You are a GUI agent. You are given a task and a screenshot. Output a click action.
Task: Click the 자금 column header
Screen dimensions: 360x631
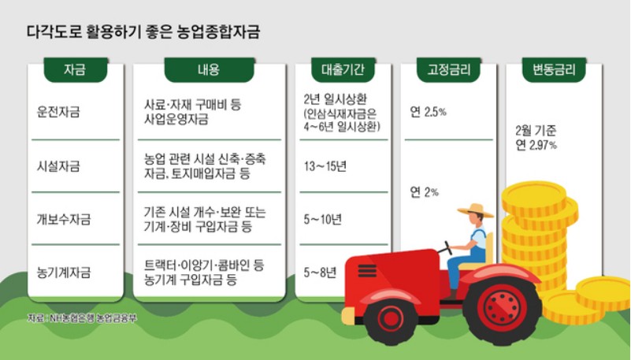74,70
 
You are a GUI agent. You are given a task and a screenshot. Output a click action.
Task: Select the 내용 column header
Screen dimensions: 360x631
208,70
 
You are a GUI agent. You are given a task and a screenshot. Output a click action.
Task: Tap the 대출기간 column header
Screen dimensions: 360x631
343,70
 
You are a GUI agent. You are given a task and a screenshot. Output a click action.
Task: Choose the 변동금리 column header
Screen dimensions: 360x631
549,70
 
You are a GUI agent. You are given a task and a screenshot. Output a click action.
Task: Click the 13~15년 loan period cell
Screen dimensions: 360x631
324,166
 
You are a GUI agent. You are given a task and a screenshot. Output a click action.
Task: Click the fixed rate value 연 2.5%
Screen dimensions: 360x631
428,112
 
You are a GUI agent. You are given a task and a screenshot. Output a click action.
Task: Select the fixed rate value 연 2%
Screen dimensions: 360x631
424,191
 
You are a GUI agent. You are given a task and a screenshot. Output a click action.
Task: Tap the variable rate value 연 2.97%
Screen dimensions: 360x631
536,145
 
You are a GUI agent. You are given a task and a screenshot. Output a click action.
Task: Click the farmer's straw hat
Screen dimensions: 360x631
475,210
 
